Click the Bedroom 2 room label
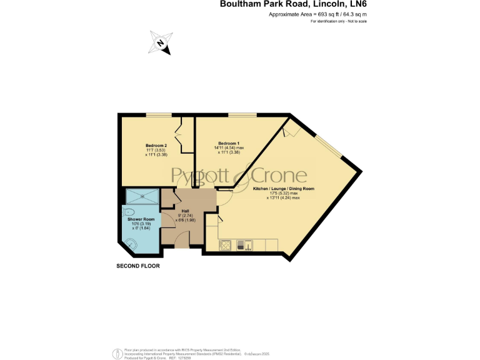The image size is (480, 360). (x=148, y=145)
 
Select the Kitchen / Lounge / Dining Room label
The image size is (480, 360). (x=283, y=188)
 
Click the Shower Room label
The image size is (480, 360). (x=141, y=219)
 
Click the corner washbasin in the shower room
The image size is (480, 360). (x=132, y=242)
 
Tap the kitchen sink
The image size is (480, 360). (x=248, y=244)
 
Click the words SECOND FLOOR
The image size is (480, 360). (x=138, y=266)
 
